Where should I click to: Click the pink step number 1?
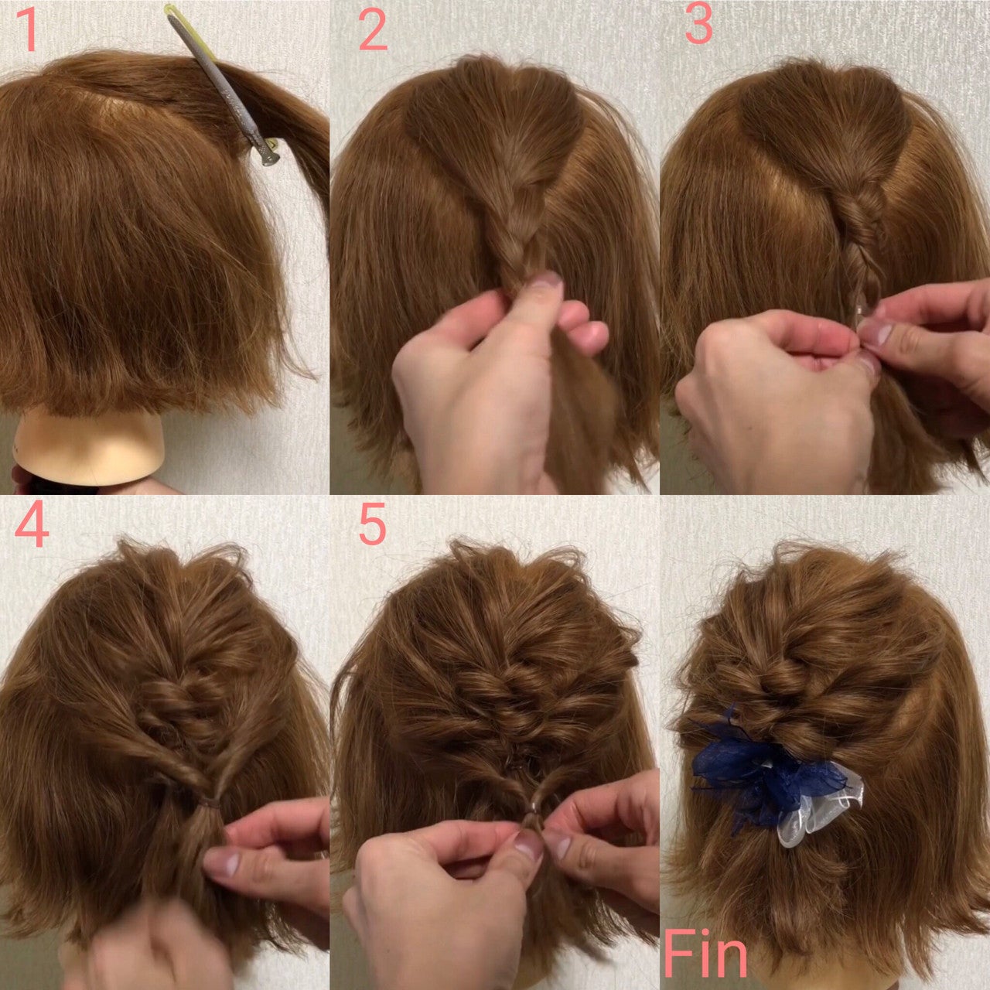click(x=29, y=30)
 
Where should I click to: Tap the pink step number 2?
click(x=373, y=30)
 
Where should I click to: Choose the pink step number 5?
click(x=372, y=524)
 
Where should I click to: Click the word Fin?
click(x=705, y=954)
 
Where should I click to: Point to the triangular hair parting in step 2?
click(x=494, y=118)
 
